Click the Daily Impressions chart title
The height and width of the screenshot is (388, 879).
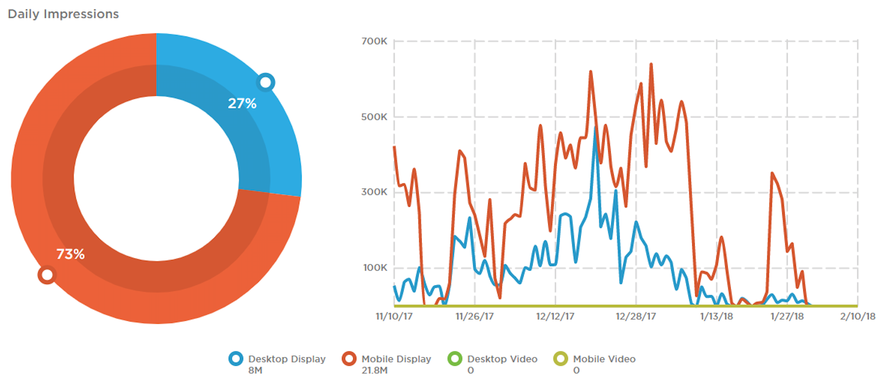(x=63, y=14)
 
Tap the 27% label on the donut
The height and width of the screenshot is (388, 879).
(x=242, y=103)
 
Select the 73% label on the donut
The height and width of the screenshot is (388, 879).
(x=70, y=254)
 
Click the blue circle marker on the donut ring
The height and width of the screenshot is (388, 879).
(x=265, y=82)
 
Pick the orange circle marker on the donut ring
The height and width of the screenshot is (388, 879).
(x=47, y=275)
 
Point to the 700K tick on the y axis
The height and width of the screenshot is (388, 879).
(x=374, y=41)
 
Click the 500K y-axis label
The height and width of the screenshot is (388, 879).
(x=374, y=117)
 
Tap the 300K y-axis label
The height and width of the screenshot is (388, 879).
(x=374, y=192)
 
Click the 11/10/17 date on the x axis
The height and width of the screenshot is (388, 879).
(x=394, y=316)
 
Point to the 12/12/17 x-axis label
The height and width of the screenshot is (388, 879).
(x=555, y=316)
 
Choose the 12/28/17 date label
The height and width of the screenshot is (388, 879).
(x=636, y=316)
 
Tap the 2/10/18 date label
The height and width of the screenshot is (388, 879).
(x=857, y=316)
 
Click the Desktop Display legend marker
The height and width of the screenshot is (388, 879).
(x=236, y=359)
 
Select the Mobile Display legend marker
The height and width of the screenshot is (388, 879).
(x=349, y=359)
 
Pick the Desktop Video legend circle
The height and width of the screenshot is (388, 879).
(x=455, y=359)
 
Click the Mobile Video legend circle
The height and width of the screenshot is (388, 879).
(x=561, y=359)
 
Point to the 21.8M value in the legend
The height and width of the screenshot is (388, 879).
(x=374, y=370)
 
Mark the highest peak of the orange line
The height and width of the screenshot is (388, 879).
(x=651, y=64)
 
